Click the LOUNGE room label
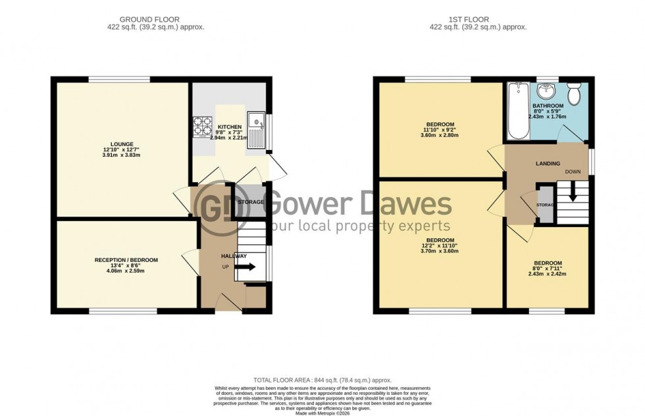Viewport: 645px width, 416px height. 122,144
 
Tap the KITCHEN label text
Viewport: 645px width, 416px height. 230,127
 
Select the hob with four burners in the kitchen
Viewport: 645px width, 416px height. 201,124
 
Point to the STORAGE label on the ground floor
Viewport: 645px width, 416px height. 250,202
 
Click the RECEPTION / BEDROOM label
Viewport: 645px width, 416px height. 126,260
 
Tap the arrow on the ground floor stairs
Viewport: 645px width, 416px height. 247,267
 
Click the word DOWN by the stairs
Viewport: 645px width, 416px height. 573,172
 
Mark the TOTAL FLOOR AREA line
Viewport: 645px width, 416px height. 322,380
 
